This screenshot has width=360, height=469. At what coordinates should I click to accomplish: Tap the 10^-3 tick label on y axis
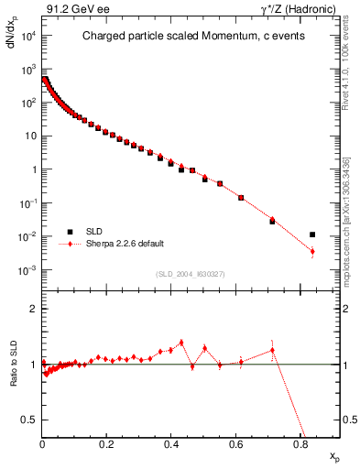coord(27,271)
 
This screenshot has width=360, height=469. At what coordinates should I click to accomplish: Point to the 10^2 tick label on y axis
coord(27,103)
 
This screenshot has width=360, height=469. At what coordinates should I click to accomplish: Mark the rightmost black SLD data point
coord(312,234)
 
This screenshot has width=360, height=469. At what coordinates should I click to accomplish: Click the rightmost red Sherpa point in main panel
coord(312,251)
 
